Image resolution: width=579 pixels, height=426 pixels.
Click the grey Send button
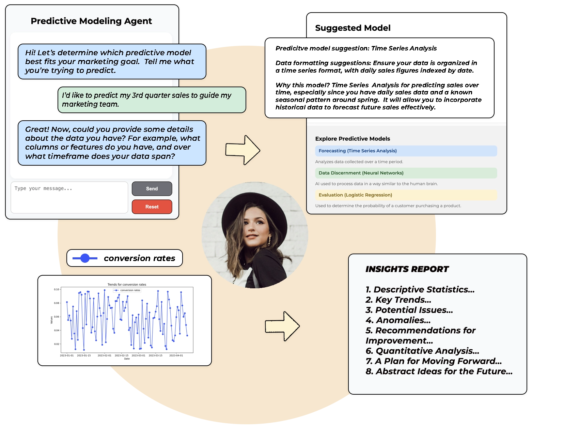point(152,188)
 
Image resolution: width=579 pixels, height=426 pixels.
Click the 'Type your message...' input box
point(69,197)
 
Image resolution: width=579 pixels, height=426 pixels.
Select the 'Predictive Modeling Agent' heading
point(91,21)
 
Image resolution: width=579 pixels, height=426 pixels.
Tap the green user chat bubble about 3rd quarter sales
point(152,100)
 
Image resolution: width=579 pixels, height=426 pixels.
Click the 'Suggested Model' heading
point(353,28)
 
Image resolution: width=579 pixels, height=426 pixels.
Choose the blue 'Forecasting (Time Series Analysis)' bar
point(406,151)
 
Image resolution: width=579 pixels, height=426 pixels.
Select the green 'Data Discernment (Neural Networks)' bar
point(406,173)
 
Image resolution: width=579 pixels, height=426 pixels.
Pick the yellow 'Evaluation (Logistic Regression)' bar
point(406,195)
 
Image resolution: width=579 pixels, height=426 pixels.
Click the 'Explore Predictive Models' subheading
point(353,139)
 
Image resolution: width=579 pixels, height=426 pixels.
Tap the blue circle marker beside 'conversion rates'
point(85,258)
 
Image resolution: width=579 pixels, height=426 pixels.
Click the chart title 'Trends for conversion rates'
point(127,285)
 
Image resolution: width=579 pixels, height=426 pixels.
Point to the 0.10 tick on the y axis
point(56,289)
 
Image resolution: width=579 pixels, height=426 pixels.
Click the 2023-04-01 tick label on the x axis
point(176,355)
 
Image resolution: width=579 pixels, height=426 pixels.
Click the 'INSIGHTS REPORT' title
point(407,269)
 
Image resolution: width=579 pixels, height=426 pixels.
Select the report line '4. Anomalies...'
point(398,320)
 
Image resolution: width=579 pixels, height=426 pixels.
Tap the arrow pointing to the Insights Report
point(282,326)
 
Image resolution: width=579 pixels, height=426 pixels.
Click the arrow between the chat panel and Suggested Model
point(243,150)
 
